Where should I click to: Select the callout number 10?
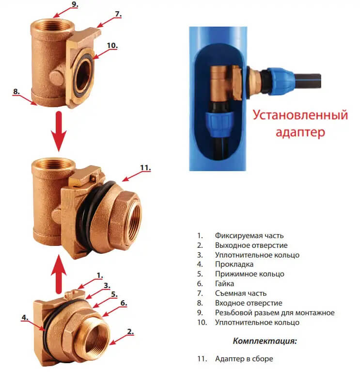point(112,46)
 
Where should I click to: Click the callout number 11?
point(145,168)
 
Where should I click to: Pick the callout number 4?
point(24,318)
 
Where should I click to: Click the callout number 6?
point(123,303)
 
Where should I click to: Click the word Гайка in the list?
point(225,284)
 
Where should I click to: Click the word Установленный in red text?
point(300,116)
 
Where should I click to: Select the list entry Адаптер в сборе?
point(244,359)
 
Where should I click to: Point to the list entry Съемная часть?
point(241,293)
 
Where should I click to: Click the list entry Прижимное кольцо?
point(250,274)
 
